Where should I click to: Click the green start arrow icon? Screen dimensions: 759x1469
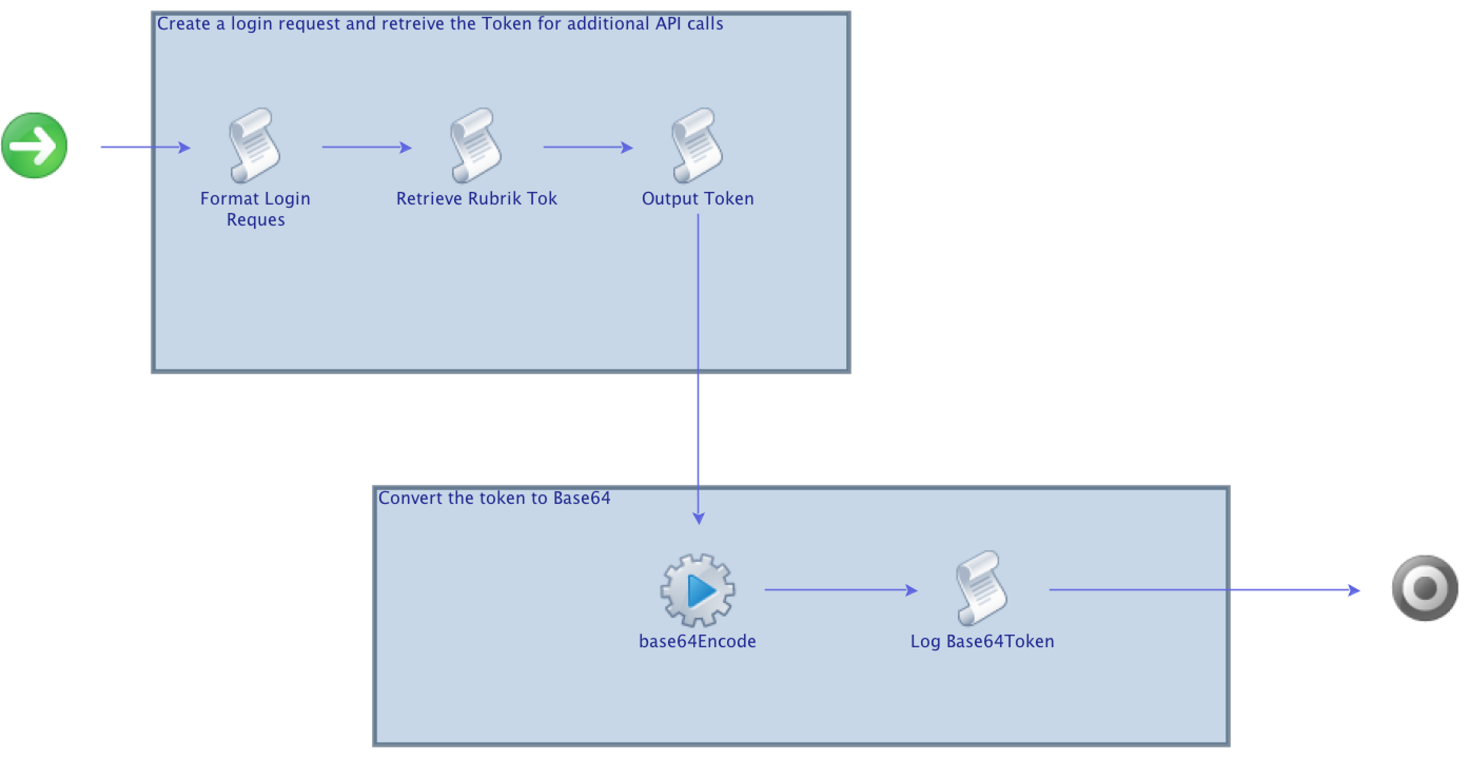click(x=34, y=145)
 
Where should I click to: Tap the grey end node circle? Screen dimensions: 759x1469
click(x=1425, y=588)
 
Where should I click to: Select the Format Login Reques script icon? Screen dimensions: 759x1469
click(x=254, y=146)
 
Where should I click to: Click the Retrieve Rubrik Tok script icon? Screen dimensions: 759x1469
click(x=476, y=146)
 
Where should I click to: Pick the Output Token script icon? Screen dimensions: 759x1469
click(x=697, y=146)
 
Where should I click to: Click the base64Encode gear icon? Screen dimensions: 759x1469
click(x=698, y=590)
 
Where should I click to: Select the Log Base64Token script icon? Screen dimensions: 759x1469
click(x=982, y=589)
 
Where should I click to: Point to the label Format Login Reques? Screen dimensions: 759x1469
click(x=255, y=209)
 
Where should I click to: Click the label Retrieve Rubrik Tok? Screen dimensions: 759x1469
click(x=476, y=198)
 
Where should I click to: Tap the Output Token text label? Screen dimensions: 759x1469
click(x=698, y=198)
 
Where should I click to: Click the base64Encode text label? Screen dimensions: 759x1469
click(x=698, y=641)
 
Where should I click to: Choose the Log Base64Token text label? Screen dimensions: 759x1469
click(x=982, y=641)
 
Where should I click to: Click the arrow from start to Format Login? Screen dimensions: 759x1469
click(x=145, y=147)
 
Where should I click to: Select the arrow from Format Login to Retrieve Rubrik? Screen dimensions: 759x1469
click(x=366, y=147)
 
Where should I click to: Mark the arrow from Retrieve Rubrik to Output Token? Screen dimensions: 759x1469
click(x=587, y=147)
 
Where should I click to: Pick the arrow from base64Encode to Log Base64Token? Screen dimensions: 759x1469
click(x=840, y=590)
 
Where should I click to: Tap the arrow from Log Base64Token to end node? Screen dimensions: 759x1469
click(x=1203, y=590)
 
